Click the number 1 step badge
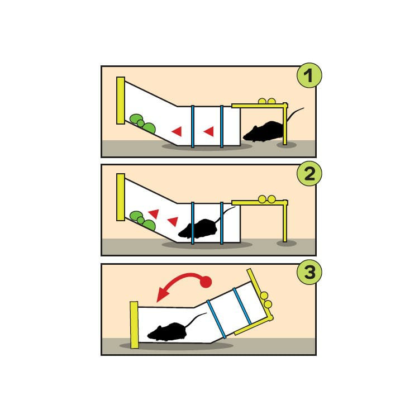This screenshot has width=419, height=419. click(x=310, y=75)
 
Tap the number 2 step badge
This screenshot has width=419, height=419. click(x=310, y=173)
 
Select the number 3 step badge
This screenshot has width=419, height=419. click(x=310, y=272)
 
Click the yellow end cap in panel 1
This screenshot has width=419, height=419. click(x=121, y=101)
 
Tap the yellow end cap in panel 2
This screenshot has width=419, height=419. click(x=121, y=197)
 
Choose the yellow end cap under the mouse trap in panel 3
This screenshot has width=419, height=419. click(x=134, y=325)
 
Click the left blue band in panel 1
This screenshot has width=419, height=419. click(x=193, y=126)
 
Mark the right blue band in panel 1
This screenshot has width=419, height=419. click(x=222, y=126)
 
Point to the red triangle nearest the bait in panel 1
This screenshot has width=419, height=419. click(x=177, y=131)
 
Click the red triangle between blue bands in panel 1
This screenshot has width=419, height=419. click(x=209, y=131)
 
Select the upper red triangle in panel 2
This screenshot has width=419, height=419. click(x=154, y=213)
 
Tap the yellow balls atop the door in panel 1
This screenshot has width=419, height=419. click(x=266, y=101)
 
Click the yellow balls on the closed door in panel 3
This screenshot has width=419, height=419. click(x=266, y=300)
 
